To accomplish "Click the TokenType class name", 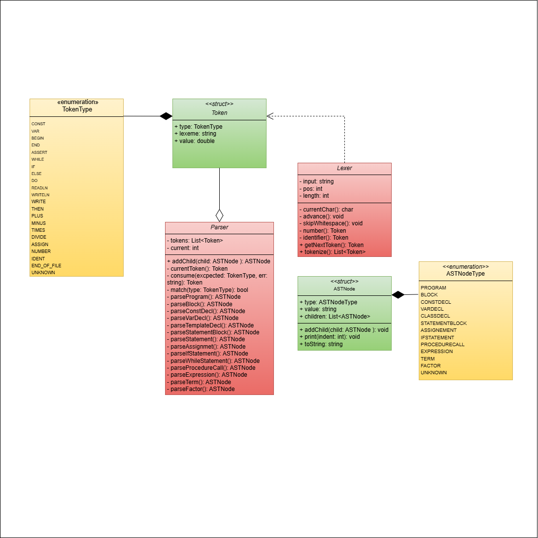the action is pos(78,109).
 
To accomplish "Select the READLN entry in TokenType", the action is pos(39,188).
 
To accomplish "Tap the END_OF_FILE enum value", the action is pos(46,265).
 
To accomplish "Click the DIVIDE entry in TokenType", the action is pos(39,237).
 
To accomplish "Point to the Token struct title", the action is pos(219,112).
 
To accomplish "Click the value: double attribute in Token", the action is pos(195,141).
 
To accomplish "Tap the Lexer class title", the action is pos(344,168).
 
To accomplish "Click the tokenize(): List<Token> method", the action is pos(333,252).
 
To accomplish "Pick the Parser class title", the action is pos(219,227).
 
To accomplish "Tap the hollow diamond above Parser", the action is pos(219,215).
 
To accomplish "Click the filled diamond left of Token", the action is pos(166,116).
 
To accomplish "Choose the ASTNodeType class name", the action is pos(466,273).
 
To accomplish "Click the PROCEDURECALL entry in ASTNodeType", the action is pos(442,344).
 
